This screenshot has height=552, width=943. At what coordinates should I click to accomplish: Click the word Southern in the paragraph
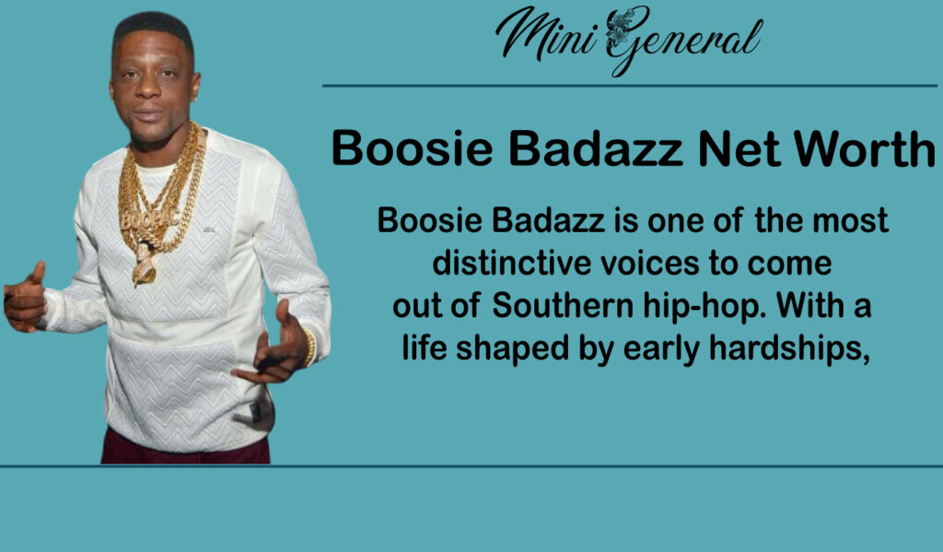[562, 307]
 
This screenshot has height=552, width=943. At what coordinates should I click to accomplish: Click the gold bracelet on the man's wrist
[309, 346]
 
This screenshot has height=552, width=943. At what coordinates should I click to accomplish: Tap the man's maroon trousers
[184, 449]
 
